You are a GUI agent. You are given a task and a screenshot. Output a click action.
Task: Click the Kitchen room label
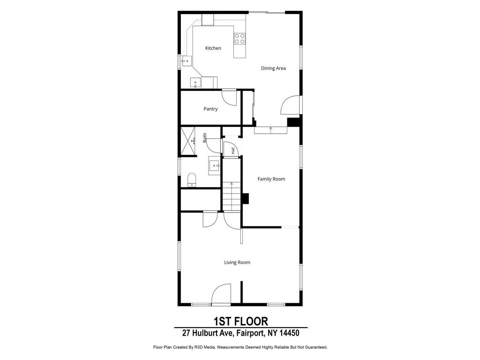point(213,48)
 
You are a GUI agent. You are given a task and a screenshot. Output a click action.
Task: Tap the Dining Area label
point(273,68)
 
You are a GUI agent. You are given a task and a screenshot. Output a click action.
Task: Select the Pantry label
point(210,109)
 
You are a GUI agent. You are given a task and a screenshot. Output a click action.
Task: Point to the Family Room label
point(271,179)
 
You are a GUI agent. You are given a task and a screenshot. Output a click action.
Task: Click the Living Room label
point(237,262)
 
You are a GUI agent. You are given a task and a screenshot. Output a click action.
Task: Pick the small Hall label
point(233,150)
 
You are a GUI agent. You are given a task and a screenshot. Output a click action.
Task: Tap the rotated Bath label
point(204,138)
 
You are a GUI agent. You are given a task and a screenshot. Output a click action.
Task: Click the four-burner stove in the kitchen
point(240,38)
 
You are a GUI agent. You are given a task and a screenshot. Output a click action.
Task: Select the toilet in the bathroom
point(192,180)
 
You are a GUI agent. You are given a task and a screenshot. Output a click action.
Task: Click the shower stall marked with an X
point(188,141)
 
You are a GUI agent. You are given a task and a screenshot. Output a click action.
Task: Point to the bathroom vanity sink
point(214,165)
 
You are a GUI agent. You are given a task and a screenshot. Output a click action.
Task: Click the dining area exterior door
point(290,105)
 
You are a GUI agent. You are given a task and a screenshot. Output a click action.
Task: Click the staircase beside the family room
point(232,196)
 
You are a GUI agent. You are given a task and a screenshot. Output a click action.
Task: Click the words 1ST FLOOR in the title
point(240,322)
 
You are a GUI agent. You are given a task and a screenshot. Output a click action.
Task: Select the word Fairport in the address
point(250,333)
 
